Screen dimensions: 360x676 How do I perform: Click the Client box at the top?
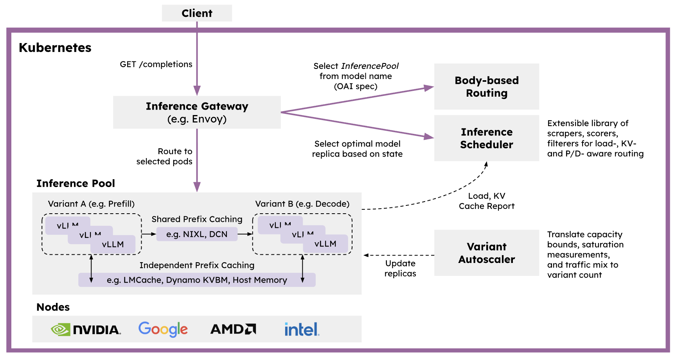pos(197,13)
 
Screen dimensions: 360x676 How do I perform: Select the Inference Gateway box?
pos(197,112)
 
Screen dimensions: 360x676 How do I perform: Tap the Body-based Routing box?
pos(487,86)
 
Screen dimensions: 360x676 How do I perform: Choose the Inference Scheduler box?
pos(487,138)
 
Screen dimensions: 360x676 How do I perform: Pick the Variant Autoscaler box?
pos(487,253)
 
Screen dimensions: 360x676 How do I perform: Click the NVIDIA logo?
pos(86,329)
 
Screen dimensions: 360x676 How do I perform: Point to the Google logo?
pos(163,329)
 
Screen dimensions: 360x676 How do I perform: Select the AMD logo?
pos(233,329)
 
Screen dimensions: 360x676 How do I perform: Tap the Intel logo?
pos(302,329)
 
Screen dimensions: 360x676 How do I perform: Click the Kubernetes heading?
pos(55,48)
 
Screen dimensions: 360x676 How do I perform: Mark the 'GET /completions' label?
pos(156,64)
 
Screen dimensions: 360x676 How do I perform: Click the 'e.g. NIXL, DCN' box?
pos(197,234)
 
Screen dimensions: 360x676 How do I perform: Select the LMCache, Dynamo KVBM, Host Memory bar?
pos(197,280)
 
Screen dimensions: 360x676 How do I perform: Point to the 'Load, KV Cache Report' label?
pos(487,201)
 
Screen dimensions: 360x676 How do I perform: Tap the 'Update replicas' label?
pos(400,268)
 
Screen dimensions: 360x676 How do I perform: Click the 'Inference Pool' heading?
pos(76,183)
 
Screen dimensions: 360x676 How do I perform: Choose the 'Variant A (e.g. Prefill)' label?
pos(91,204)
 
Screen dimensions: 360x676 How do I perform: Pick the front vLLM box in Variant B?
pos(325,244)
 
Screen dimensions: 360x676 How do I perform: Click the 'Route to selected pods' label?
pos(164,156)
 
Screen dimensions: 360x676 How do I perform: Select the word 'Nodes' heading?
pos(53,307)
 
